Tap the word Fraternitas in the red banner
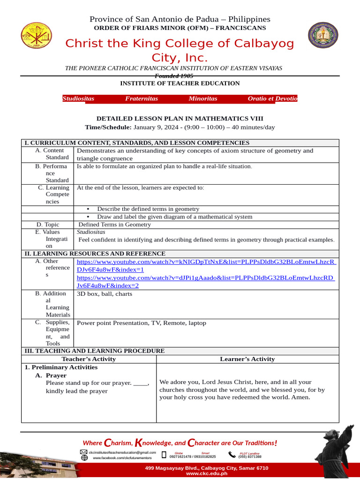pyautogui.click(x=142, y=98)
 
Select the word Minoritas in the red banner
pyautogui.click(x=203, y=98)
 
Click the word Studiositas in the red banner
pyautogui.click(x=78, y=98)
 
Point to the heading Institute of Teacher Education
pyautogui.click(x=180, y=83)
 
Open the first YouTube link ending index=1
pyautogui.click(x=206, y=266)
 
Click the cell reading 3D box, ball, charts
pyautogui.click(x=105, y=294)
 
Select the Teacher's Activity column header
pyautogui.click(x=89, y=359)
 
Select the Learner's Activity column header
pyautogui.click(x=247, y=359)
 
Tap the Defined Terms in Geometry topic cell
pyautogui.click(x=114, y=225)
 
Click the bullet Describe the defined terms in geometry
pyautogui.click(x=148, y=209)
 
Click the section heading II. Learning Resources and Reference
pyautogui.click(x=95, y=254)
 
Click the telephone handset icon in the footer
pyautogui.click(x=232, y=455)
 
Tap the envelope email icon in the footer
pyautogui.click(x=84, y=452)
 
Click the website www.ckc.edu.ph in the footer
pyautogui.click(x=206, y=473)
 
